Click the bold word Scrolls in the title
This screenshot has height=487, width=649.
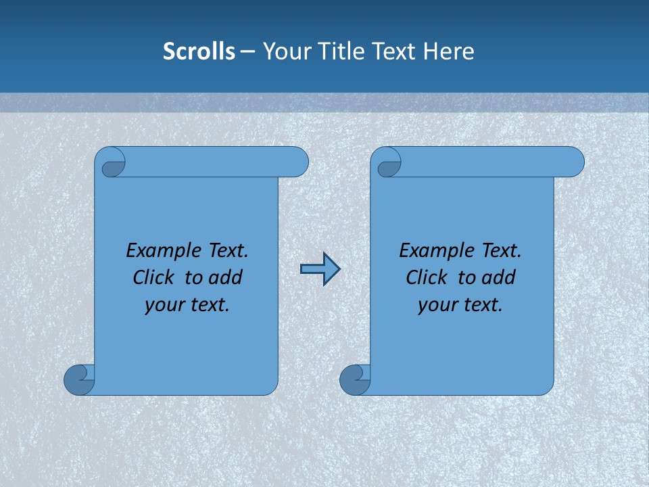point(199,51)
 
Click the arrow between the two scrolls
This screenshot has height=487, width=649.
point(320,269)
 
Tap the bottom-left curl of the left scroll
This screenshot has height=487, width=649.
point(79,379)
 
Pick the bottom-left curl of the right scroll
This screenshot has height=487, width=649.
point(355,379)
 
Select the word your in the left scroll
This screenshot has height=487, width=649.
point(163,305)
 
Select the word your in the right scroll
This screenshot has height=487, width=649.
point(436,305)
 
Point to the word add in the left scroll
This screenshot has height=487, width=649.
point(226,277)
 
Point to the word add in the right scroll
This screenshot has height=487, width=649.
point(499,277)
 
